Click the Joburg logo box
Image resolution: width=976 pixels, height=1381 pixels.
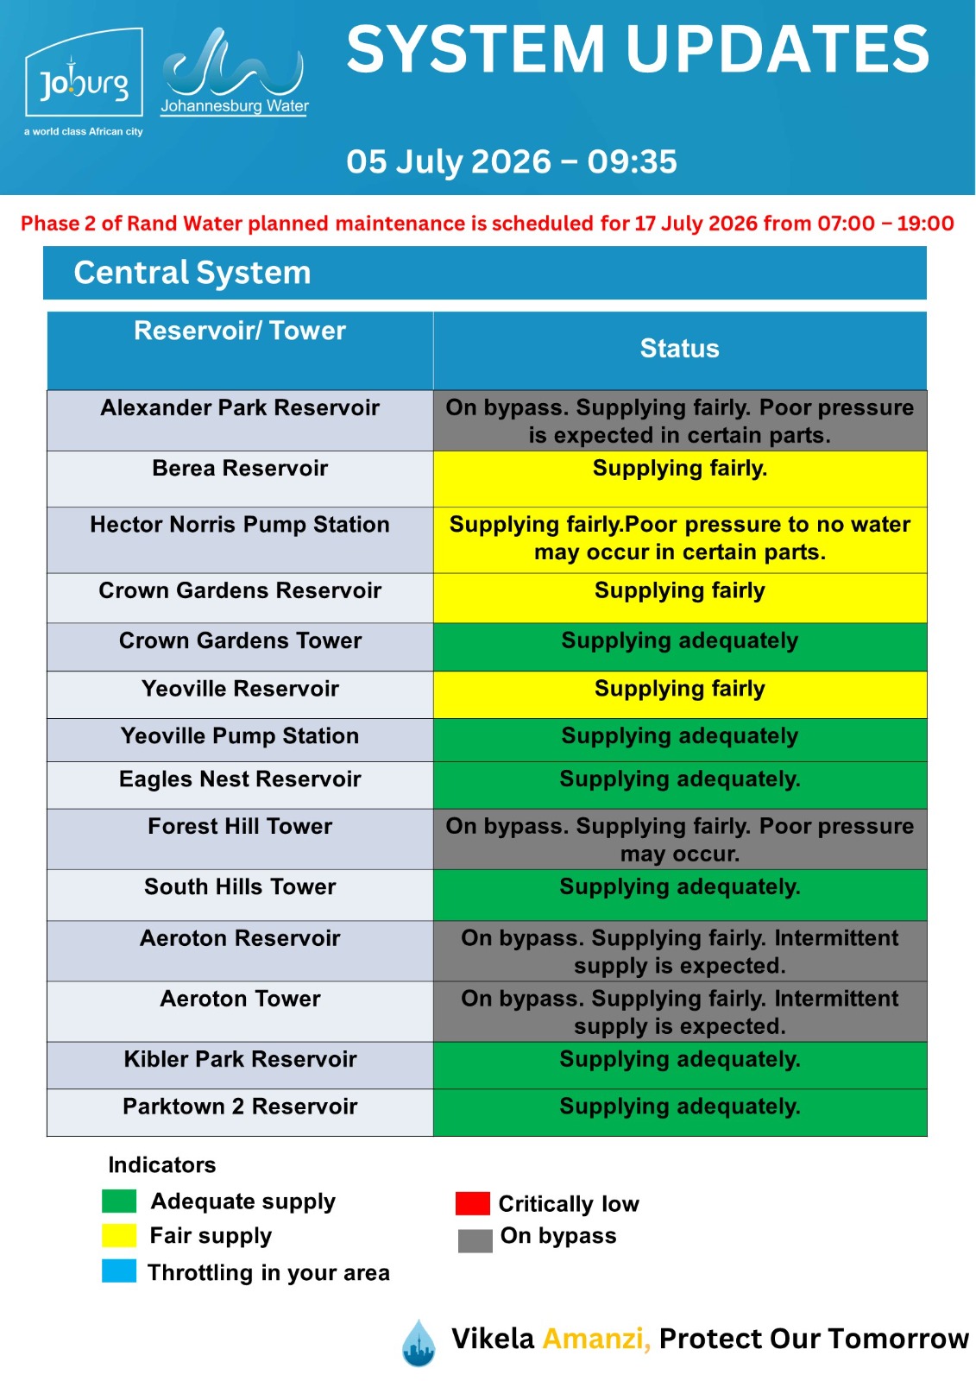(84, 73)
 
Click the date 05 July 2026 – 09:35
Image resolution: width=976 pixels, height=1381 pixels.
(511, 161)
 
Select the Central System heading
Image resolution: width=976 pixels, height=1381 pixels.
(192, 273)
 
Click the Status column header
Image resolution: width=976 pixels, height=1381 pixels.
(679, 349)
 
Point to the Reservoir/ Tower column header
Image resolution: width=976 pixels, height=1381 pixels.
(240, 331)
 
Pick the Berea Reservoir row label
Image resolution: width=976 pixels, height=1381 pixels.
(240, 468)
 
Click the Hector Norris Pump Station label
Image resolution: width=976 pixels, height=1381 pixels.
(240, 525)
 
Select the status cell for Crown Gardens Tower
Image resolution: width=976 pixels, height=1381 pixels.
(680, 646)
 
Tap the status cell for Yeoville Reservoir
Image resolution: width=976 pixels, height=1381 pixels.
(680, 695)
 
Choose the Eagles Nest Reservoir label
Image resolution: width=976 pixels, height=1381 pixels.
(240, 779)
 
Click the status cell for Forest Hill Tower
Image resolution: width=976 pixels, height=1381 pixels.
(680, 839)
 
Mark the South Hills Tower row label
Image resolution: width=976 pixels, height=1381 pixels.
(240, 886)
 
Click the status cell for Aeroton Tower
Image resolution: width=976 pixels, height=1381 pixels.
(680, 1012)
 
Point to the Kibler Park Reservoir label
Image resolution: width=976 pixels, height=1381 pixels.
(240, 1059)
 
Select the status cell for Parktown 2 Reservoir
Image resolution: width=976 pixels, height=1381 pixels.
(680, 1113)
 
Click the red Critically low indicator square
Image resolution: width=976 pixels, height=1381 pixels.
(473, 1203)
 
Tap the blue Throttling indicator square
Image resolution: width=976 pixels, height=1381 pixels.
(119, 1271)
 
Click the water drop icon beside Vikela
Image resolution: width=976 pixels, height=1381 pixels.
(419, 1343)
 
